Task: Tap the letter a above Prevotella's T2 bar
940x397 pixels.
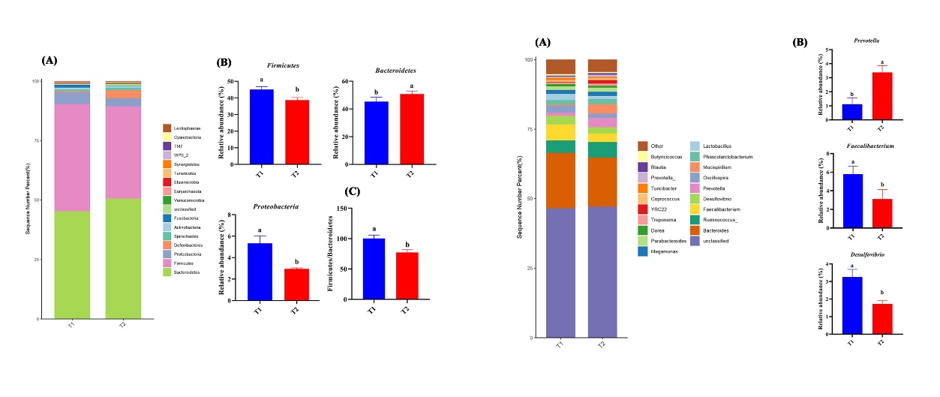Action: coord(881,63)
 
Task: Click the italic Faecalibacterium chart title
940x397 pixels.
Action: coord(866,146)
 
